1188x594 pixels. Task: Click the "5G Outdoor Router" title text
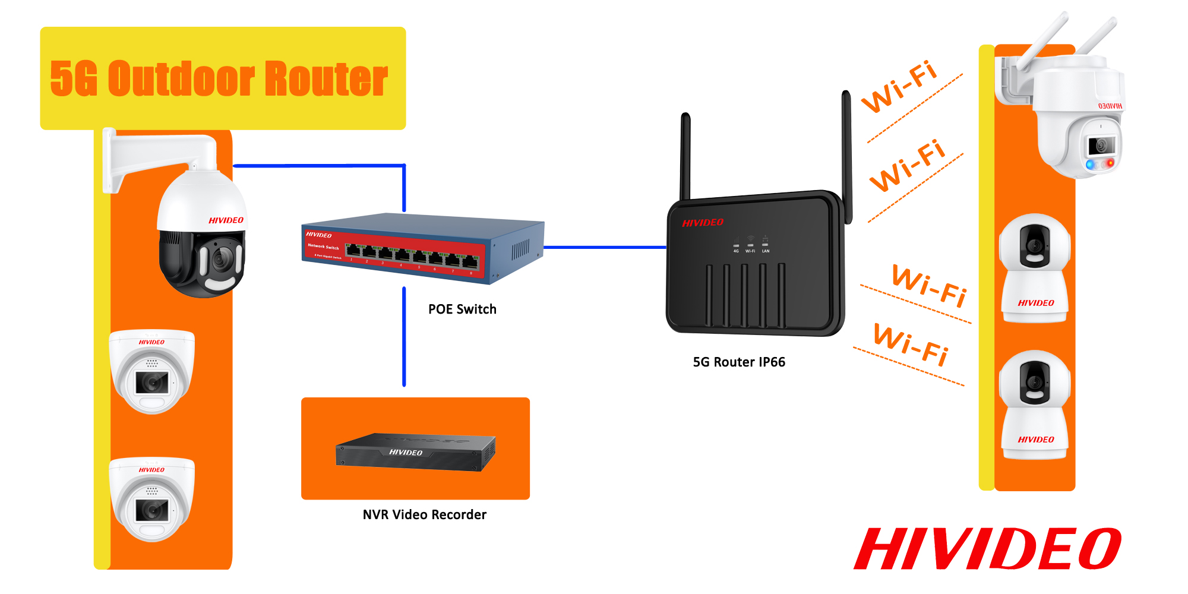click(219, 78)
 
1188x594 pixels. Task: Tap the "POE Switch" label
click(462, 309)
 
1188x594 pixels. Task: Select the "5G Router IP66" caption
click(739, 362)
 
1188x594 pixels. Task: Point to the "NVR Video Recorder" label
click(424, 515)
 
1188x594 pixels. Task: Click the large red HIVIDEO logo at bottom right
click(987, 549)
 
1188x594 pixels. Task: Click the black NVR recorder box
click(415, 452)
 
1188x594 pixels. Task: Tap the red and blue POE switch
click(422, 248)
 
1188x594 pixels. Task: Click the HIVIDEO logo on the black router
click(703, 223)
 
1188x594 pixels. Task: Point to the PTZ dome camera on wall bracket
click(202, 238)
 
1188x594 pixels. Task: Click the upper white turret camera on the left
click(152, 372)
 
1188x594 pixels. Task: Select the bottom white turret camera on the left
click(152, 500)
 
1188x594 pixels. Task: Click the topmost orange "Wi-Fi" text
click(899, 87)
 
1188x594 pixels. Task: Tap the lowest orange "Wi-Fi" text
click(911, 345)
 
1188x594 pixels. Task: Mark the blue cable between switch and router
click(605, 247)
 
